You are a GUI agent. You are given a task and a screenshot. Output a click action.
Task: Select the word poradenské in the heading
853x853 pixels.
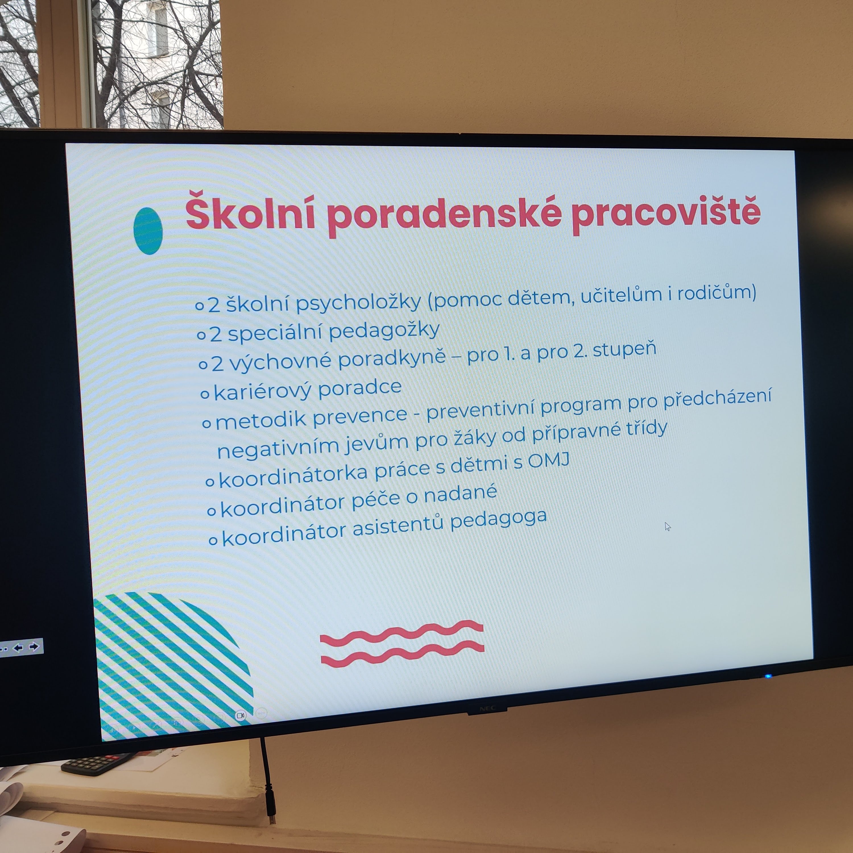point(444,216)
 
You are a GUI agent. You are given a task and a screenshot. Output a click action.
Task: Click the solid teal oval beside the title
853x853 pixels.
point(148,231)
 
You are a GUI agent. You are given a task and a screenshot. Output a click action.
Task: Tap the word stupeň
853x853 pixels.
point(624,350)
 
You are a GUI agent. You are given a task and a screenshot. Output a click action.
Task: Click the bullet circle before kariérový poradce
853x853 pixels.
point(205,394)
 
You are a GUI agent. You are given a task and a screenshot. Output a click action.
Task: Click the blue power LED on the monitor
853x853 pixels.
point(768,676)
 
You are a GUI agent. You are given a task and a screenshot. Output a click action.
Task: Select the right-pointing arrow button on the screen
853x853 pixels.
point(34,647)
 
